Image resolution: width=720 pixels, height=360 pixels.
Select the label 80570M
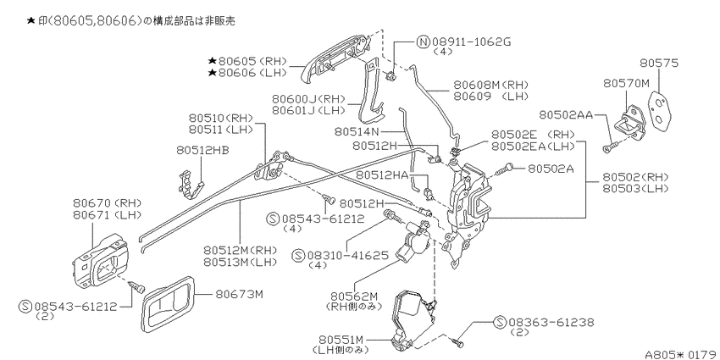[626, 83]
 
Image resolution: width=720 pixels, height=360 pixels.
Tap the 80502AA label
[566, 115]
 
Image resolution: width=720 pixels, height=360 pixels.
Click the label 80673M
[239, 293]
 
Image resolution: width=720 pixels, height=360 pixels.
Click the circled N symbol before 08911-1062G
[423, 42]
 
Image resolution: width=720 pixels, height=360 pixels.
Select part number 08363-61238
[551, 323]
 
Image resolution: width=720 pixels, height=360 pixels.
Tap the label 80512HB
[203, 150]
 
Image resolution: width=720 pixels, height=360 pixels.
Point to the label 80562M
[353, 296]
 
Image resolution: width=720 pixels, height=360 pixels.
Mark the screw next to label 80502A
[504, 169]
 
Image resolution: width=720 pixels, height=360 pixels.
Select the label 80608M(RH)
[490, 85]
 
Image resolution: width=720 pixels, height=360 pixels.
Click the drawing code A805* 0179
[682, 354]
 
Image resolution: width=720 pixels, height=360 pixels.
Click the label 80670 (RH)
[107, 202]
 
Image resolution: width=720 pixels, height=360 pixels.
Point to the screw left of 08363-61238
[458, 341]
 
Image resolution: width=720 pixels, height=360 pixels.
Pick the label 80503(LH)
[635, 188]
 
